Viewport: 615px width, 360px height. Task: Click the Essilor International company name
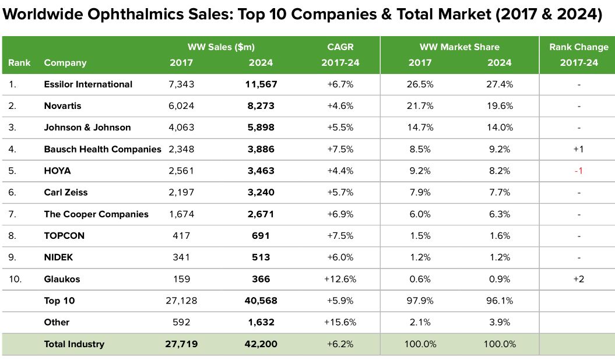(x=88, y=84)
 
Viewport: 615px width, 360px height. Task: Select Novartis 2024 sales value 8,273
(x=260, y=106)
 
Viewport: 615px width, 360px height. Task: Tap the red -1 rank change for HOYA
(x=579, y=171)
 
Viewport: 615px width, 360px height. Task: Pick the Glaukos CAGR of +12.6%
(x=340, y=279)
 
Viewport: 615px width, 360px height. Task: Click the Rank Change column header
(x=578, y=47)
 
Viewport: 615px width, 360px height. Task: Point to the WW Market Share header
(x=459, y=47)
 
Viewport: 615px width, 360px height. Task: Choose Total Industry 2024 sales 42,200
(x=260, y=344)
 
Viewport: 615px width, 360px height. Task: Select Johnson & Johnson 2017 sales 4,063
(x=181, y=128)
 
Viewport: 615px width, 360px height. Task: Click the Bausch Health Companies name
(x=102, y=149)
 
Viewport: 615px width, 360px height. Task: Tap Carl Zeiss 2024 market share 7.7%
(x=500, y=192)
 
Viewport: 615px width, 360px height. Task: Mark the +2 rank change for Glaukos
(x=579, y=279)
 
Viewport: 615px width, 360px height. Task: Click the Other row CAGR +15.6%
(x=340, y=322)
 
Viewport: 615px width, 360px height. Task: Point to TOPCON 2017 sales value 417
(x=181, y=236)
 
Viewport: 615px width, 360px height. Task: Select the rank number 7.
(x=13, y=214)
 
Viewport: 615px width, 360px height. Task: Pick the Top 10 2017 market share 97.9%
(x=420, y=301)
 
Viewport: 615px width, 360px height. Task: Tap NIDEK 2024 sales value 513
(x=260, y=257)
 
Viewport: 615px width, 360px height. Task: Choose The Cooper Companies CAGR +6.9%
(x=340, y=214)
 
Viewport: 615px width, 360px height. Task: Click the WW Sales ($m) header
(x=221, y=47)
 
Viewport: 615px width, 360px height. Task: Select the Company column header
(x=65, y=63)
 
